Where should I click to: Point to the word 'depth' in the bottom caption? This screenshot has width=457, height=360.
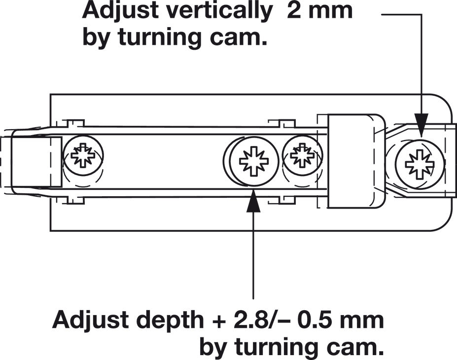[x=170, y=321]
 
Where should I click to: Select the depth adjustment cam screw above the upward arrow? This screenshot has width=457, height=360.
[x=253, y=161]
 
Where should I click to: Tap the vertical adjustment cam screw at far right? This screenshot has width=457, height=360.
[x=420, y=164]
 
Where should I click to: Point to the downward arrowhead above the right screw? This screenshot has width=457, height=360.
[x=422, y=124]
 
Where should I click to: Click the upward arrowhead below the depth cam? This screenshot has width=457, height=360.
[x=253, y=201]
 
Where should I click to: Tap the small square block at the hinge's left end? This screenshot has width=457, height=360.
[x=36, y=162]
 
